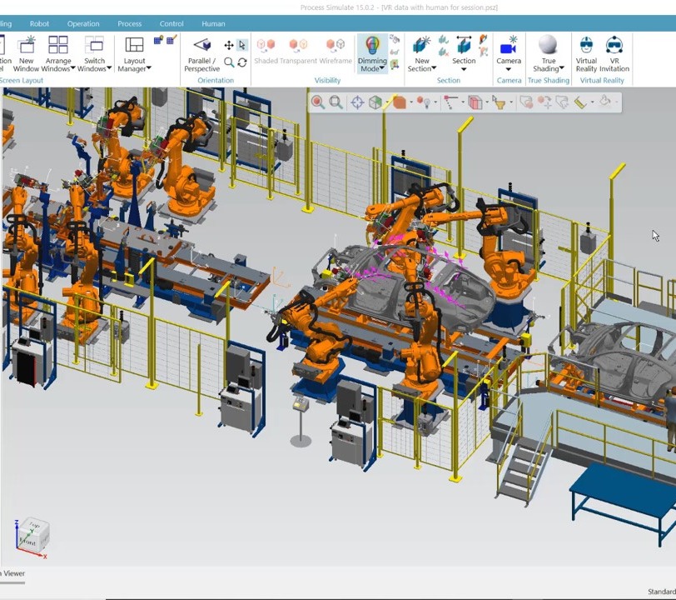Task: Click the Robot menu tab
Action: tap(39, 24)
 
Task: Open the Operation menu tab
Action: tap(83, 24)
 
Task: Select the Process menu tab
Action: tap(129, 24)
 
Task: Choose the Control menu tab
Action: tap(171, 24)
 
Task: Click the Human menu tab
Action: tap(213, 24)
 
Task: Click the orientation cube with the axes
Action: tap(32, 535)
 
